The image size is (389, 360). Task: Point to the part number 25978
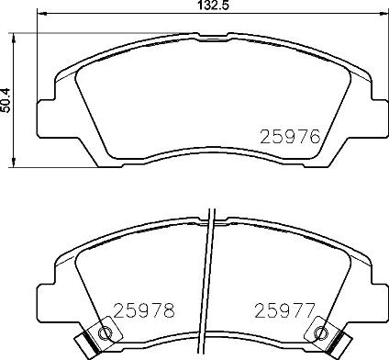click(x=142, y=310)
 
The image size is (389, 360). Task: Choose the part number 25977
click(x=284, y=310)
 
